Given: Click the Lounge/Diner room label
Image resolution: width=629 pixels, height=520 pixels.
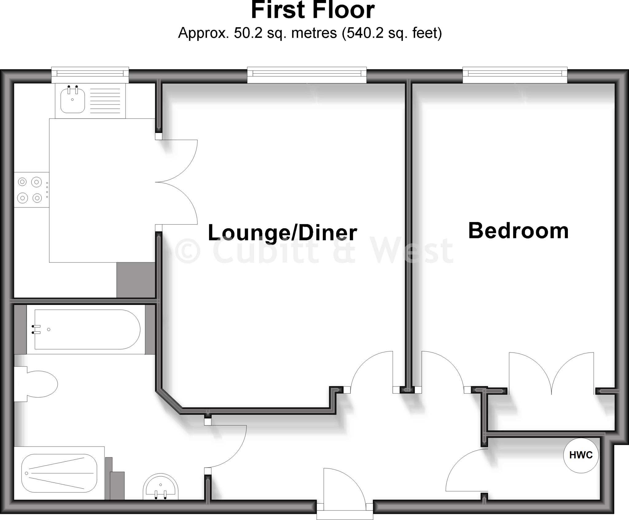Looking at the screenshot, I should tap(282, 233).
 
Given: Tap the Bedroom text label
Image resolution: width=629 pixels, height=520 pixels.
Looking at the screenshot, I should tap(518, 231).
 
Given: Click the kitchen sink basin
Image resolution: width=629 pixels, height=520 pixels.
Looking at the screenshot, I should tap(72, 100).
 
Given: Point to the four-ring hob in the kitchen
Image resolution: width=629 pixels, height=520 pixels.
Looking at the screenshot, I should tap(30, 190).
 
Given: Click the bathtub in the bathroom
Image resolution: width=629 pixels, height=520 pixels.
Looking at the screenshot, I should tap(88, 330).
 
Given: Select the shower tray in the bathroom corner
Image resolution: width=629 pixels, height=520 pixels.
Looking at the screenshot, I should tap(59, 473).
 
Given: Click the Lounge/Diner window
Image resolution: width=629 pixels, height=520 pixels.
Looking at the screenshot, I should tap(307, 74).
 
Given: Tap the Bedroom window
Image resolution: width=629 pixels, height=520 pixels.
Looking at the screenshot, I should tap(515, 74).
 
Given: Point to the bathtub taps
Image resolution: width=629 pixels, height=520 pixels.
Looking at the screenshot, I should tap(36, 329).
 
